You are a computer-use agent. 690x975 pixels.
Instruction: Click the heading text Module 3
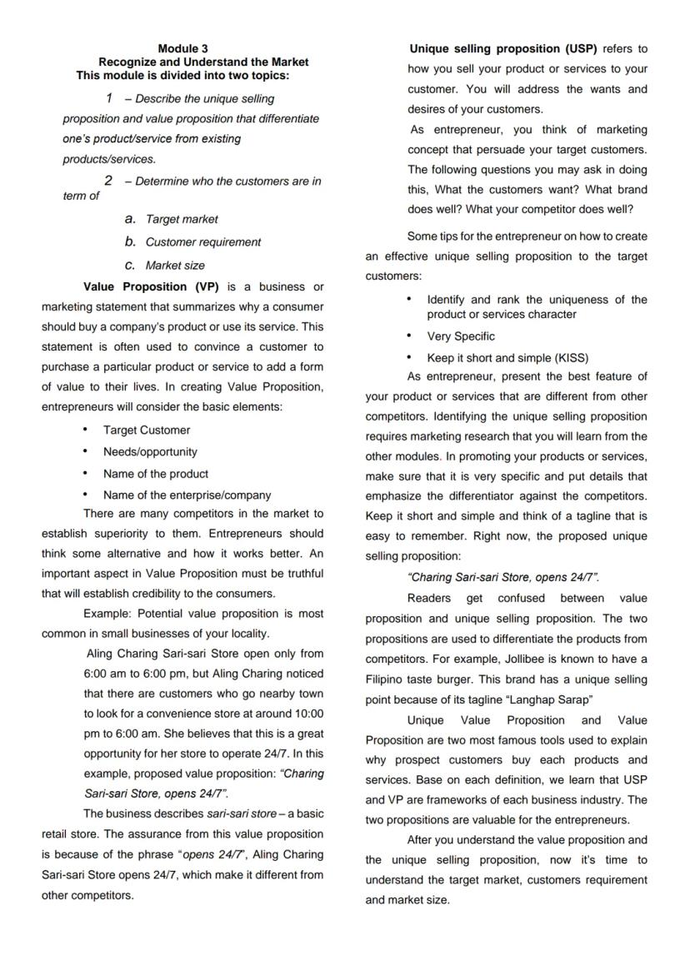[182, 49]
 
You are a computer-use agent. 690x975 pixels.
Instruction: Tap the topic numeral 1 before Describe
[109, 98]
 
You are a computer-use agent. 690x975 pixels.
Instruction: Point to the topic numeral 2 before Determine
[108, 181]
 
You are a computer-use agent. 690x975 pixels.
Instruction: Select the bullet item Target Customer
[146, 430]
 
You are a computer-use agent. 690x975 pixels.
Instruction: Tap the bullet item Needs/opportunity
[150, 452]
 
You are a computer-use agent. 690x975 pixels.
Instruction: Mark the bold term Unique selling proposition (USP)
[503, 49]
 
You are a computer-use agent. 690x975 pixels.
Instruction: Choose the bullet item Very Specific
[461, 336]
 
